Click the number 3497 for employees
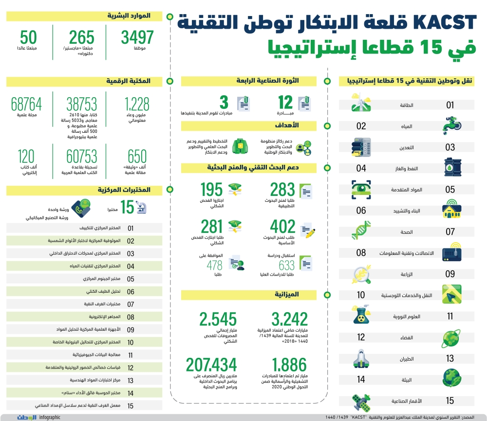click(x=137, y=37)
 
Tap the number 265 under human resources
click(x=81, y=37)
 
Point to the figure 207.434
click(x=211, y=365)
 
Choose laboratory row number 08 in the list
click(x=131, y=316)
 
